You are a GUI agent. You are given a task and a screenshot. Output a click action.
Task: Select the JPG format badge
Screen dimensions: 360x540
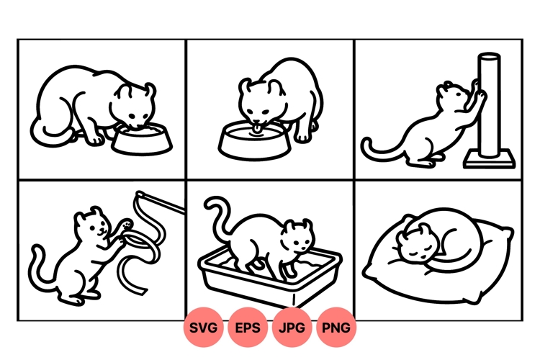click(x=292, y=328)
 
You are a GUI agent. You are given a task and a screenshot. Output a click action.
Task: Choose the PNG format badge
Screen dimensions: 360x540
click(x=336, y=328)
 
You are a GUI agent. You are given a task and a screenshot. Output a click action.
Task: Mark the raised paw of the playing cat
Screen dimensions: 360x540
click(x=127, y=224)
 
